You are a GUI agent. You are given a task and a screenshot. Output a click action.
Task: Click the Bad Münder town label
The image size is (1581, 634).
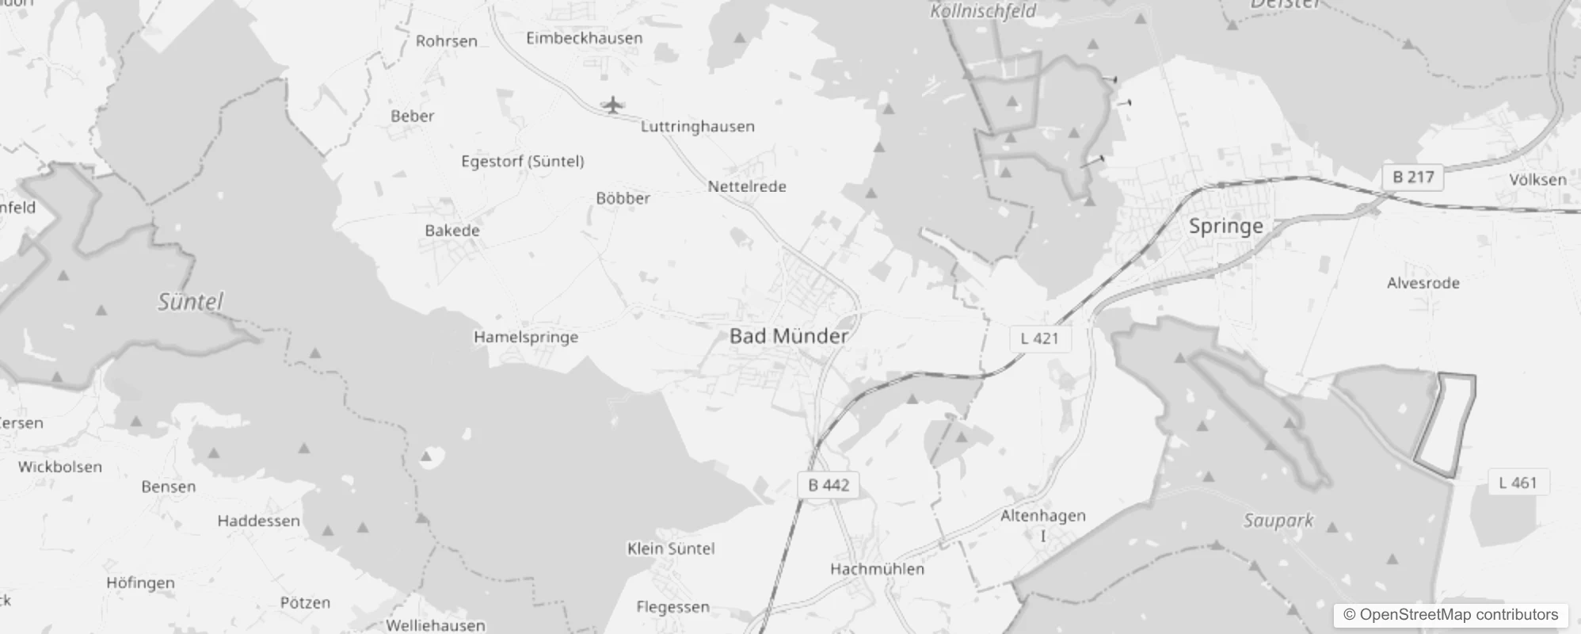click(788, 336)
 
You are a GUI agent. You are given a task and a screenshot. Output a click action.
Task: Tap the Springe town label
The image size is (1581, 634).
click(1225, 227)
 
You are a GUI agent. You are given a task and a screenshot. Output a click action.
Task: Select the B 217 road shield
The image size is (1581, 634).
click(1413, 177)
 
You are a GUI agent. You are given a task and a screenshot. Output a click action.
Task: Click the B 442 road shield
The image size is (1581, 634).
click(828, 485)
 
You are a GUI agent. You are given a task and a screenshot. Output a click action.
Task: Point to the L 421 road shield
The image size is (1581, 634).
click(1039, 338)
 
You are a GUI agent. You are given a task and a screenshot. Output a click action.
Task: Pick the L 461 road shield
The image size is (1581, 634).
click(1517, 483)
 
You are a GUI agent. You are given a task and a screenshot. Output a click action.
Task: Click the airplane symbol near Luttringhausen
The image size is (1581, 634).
click(611, 105)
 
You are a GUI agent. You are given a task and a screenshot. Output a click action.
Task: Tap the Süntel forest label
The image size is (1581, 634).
click(190, 302)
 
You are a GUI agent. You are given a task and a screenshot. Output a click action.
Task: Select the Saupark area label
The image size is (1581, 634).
click(1278, 521)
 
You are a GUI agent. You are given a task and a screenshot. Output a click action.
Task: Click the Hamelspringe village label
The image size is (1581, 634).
click(526, 337)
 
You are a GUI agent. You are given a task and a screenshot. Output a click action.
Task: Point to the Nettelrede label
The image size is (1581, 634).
click(747, 187)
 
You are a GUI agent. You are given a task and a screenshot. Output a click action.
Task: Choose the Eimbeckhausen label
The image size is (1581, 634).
click(585, 38)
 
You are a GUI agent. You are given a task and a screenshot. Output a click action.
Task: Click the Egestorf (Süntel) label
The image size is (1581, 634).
click(523, 162)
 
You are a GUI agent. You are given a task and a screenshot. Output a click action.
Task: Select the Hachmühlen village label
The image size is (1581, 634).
click(877, 569)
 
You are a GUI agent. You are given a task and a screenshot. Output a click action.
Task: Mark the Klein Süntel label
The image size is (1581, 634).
click(671, 548)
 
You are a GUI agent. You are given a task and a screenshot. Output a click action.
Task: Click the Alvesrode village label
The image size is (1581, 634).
click(1423, 283)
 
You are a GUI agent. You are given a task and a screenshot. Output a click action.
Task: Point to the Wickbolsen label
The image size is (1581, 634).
click(60, 467)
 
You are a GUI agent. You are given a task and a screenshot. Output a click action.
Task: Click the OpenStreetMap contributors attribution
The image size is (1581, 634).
click(1450, 615)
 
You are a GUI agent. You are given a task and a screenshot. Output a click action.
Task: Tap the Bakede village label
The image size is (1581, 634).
click(452, 231)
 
